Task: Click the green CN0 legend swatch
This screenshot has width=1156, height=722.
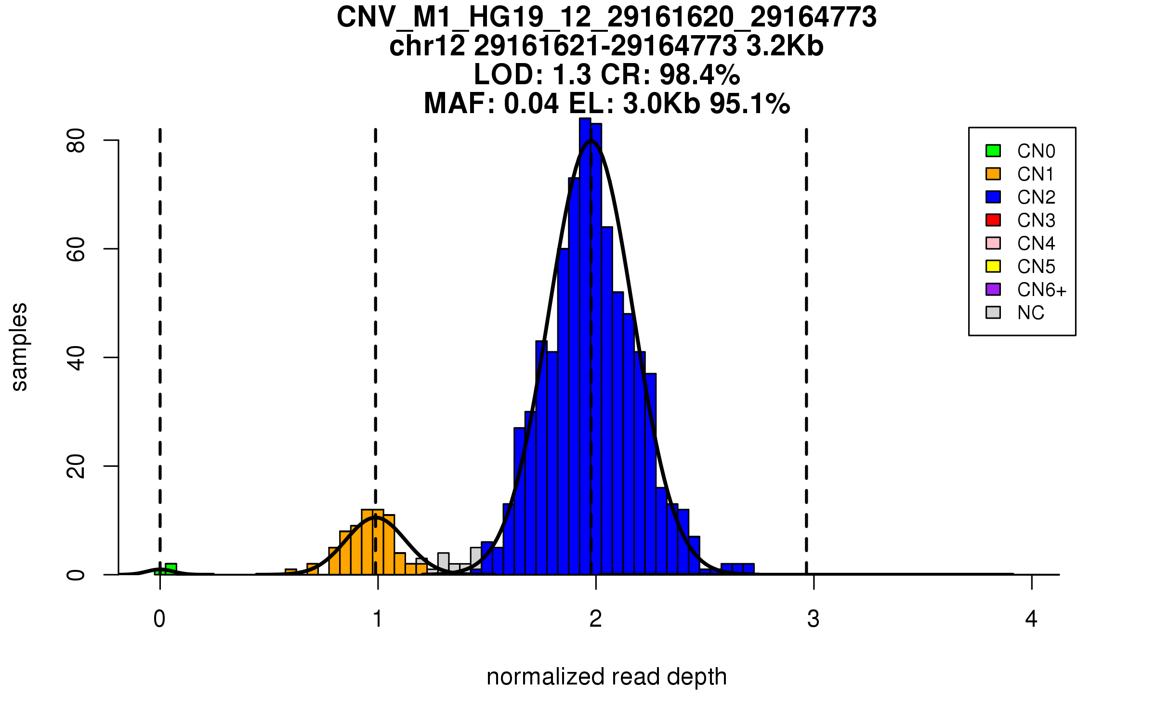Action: click(993, 151)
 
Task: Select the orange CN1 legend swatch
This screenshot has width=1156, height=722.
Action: click(993, 174)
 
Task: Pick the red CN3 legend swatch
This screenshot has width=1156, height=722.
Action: click(993, 220)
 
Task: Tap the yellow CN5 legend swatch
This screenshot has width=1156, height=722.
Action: click(993, 266)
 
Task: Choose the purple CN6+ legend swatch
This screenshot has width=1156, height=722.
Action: click(993, 289)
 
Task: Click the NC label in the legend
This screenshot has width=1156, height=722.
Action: click(1030, 313)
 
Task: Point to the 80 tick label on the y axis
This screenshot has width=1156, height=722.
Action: click(76, 141)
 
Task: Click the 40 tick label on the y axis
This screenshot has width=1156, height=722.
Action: click(76, 358)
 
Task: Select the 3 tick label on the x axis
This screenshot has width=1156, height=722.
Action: click(814, 619)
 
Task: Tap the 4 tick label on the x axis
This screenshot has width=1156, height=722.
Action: click(1031, 619)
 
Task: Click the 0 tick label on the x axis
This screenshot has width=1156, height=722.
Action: click(159, 619)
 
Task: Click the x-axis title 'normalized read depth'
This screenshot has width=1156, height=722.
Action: click(606, 677)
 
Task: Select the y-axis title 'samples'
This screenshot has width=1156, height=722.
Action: click(19, 347)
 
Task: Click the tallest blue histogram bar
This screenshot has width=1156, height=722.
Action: click(585, 347)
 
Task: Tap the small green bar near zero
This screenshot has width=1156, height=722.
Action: click(171, 569)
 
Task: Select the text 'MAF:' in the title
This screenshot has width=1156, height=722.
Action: click(459, 103)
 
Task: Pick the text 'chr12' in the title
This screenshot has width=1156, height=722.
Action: click(427, 46)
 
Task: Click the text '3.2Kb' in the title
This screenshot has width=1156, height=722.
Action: click(785, 46)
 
